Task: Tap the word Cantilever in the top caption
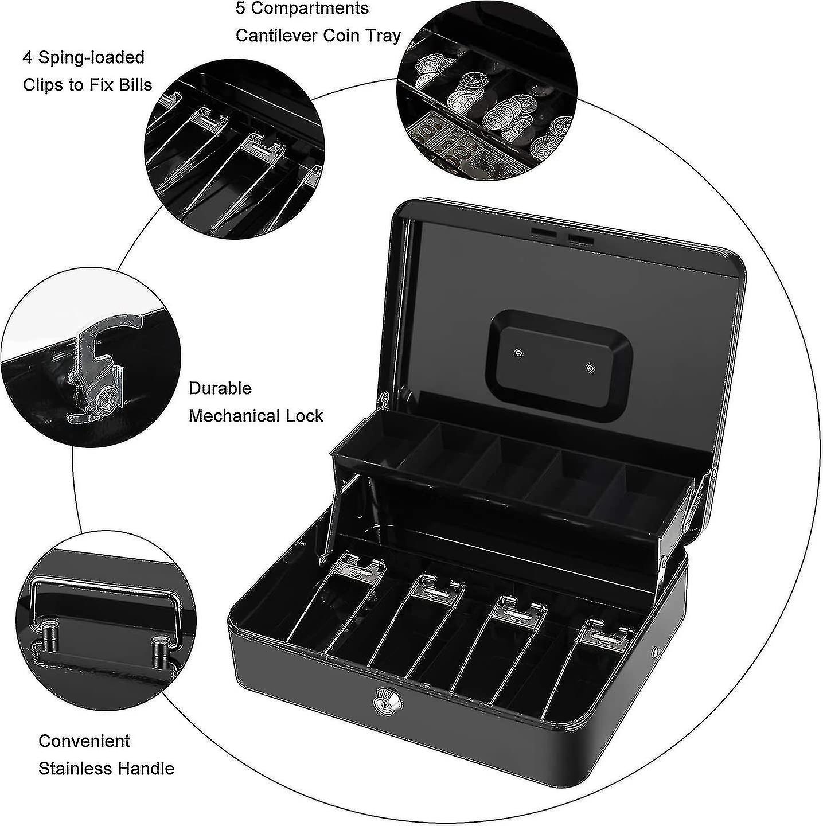pos(277,36)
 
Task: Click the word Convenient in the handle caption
pos(84,741)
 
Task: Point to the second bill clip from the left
pos(440,586)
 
